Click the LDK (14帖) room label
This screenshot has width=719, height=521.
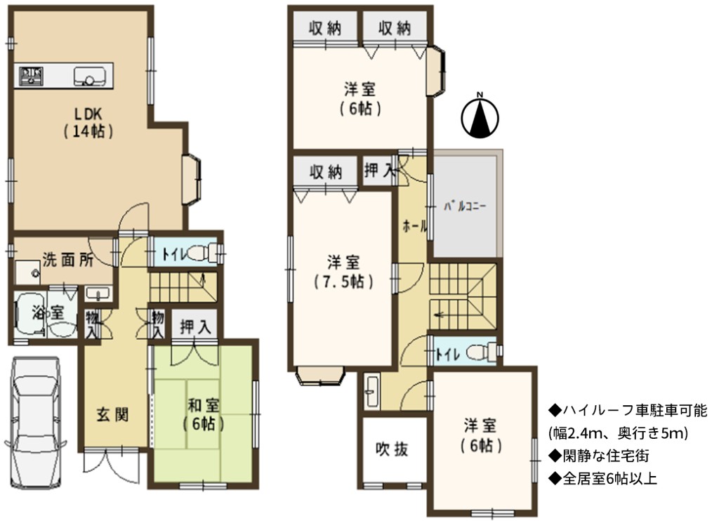tap(88, 122)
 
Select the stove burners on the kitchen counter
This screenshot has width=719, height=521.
tap(31, 76)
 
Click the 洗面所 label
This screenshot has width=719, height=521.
tap(68, 260)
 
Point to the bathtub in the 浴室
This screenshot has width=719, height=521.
tap(29, 313)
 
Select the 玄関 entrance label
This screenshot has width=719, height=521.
tap(112, 414)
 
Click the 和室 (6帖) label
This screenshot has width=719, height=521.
tap(203, 414)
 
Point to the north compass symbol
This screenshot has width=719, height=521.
tap(480, 116)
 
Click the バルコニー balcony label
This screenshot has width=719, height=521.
tap(465, 206)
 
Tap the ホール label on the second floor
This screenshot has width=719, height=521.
tap(414, 226)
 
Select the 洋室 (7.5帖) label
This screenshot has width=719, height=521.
tap(343, 272)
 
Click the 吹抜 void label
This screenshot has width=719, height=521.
tap(392, 449)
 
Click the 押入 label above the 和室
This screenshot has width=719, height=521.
tap(195, 327)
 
